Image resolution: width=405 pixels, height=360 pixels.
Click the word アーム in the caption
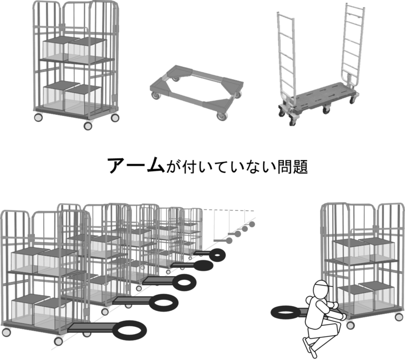[136, 166]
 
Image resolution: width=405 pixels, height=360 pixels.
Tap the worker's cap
[323, 284]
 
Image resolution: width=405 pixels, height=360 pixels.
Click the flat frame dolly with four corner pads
[197, 91]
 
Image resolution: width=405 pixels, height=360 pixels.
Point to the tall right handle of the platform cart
[354, 44]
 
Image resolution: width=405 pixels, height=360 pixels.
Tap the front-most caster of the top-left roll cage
[88, 126]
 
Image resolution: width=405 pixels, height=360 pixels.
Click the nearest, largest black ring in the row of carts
[129, 330]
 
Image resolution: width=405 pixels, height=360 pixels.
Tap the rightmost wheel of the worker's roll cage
[400, 317]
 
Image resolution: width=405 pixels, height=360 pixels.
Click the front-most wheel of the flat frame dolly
[221, 116]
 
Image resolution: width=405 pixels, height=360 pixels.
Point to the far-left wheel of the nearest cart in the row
[6, 332]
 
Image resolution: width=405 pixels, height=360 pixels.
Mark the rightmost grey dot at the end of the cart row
[252, 224]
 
